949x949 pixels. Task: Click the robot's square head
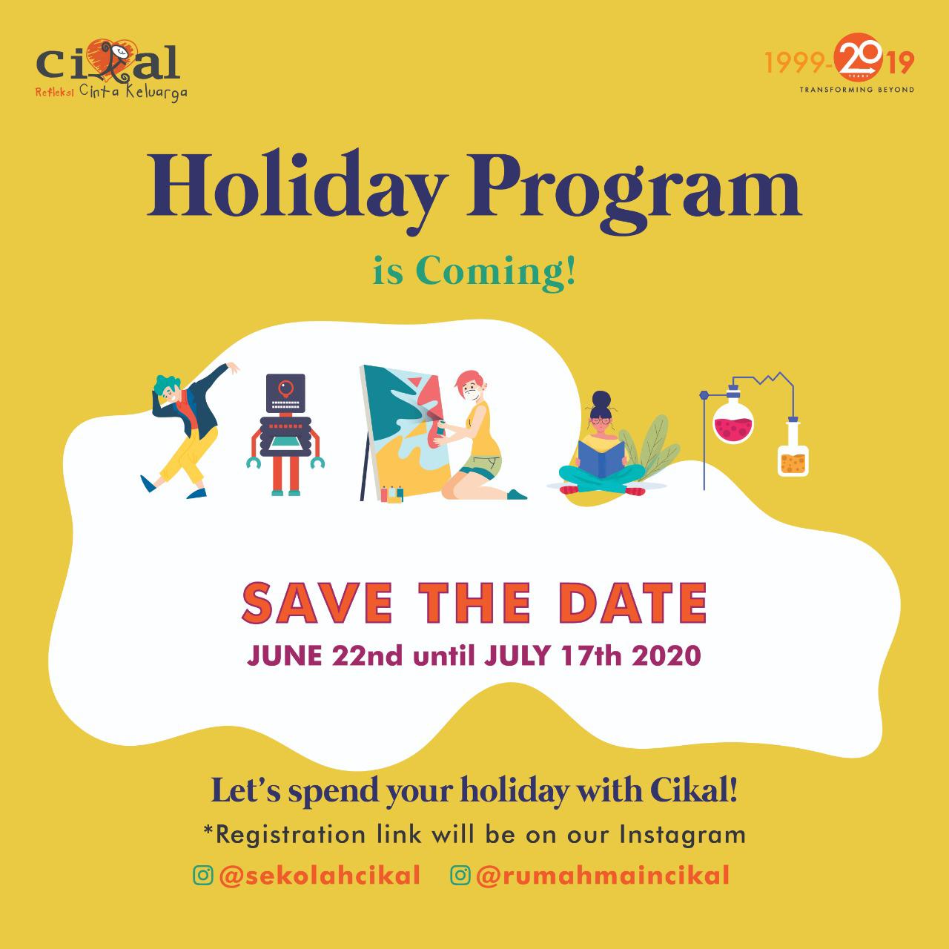pos(285,393)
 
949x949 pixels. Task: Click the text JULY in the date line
pos(517,655)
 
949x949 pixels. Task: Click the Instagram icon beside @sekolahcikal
pos(203,875)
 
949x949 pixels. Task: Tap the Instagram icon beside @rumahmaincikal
pos(460,875)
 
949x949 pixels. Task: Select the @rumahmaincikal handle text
pos(602,876)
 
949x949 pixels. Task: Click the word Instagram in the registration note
pos(682,836)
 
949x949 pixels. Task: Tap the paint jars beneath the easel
pos(392,494)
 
